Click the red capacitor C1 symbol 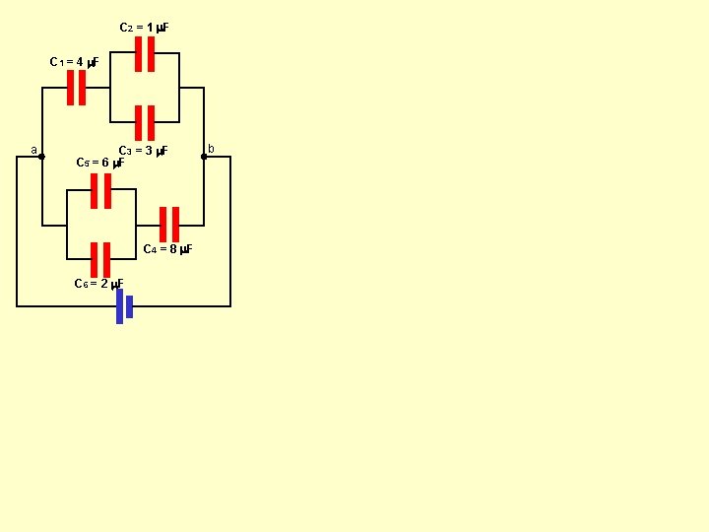click(76, 88)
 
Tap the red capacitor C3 click(145, 123)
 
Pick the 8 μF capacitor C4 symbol click(169, 225)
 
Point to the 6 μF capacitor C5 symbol click(100, 191)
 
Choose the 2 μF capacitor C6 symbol click(100, 260)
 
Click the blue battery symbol click(124, 306)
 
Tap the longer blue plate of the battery click(119, 306)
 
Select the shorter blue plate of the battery click(129, 306)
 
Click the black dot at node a click(41, 156)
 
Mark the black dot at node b click(204, 156)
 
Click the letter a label click(33, 151)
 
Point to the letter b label click(211, 149)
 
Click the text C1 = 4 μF click(74, 63)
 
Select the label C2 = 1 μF click(144, 28)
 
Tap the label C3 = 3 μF click(144, 151)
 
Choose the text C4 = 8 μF click(167, 249)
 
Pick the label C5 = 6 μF click(99, 162)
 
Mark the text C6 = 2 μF click(98, 285)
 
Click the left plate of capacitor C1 click(71, 88)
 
